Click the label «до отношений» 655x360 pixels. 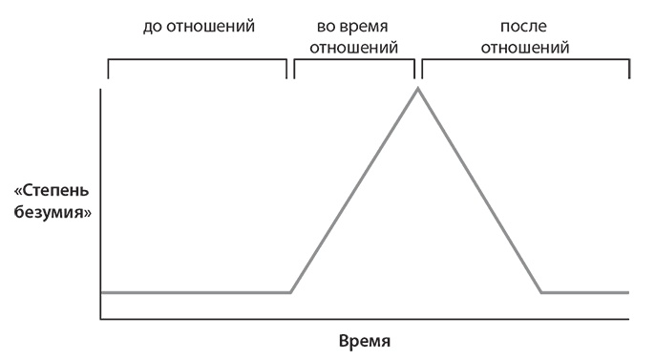pyautogui.click(x=198, y=26)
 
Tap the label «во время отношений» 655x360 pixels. pyautogui.click(x=354, y=35)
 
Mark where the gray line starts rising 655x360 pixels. pyautogui.click(x=290, y=292)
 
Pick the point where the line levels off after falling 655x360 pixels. pyautogui.click(x=541, y=292)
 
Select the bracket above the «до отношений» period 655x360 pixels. pyautogui.click(x=198, y=60)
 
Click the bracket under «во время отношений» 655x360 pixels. pyautogui.click(x=354, y=60)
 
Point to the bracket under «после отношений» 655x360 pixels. pyautogui.click(x=526, y=60)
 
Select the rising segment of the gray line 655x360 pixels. pyautogui.click(x=353, y=191)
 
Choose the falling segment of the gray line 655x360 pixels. pyautogui.click(x=479, y=191)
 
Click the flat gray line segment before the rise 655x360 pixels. pyautogui.click(x=196, y=292)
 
